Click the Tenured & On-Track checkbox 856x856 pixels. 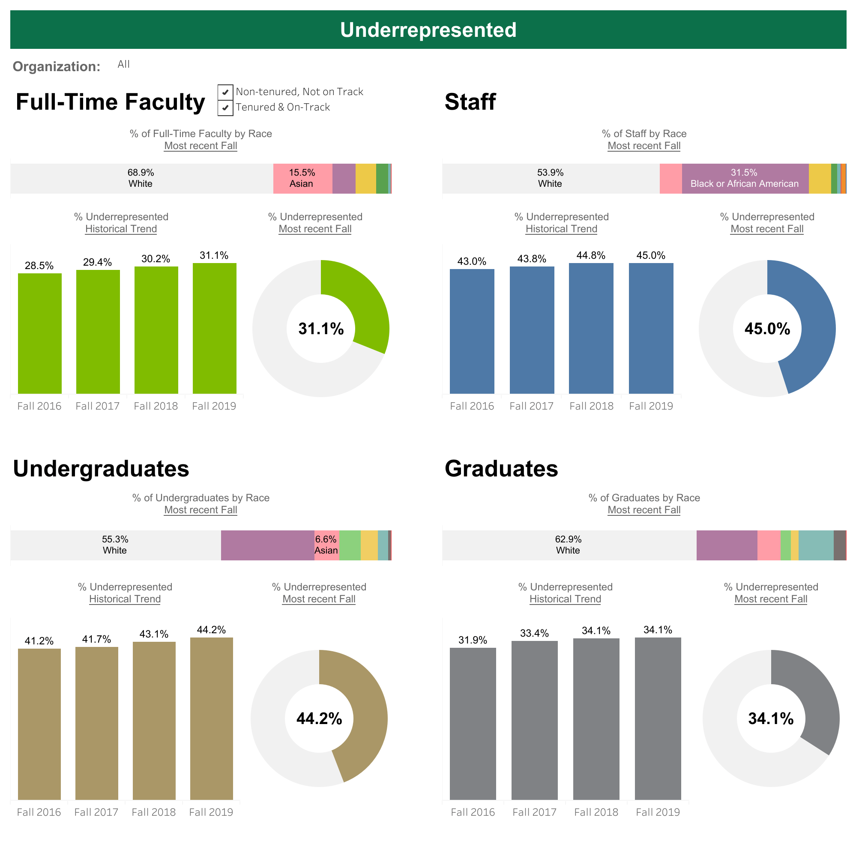click(225, 108)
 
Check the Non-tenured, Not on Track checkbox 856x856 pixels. click(225, 92)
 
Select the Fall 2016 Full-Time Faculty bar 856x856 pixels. click(39, 333)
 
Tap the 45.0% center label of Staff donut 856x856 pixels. click(767, 329)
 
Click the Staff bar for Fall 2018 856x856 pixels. click(591, 328)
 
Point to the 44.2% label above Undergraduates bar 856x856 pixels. click(211, 630)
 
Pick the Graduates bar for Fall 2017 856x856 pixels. click(534, 720)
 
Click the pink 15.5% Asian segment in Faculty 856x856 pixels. click(302, 179)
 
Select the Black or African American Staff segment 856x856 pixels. click(745, 179)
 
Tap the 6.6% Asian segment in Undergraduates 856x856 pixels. click(326, 545)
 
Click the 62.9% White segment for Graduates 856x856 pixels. click(569, 545)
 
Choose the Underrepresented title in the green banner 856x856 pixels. click(428, 30)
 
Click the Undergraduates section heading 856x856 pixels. click(101, 469)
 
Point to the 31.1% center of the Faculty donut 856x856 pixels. click(321, 329)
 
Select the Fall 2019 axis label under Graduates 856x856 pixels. click(658, 812)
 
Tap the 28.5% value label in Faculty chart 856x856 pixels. click(39, 265)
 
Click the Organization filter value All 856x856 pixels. click(124, 64)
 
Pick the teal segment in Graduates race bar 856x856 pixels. click(816, 545)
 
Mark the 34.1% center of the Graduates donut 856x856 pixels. click(770, 718)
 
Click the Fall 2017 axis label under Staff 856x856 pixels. click(531, 406)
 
